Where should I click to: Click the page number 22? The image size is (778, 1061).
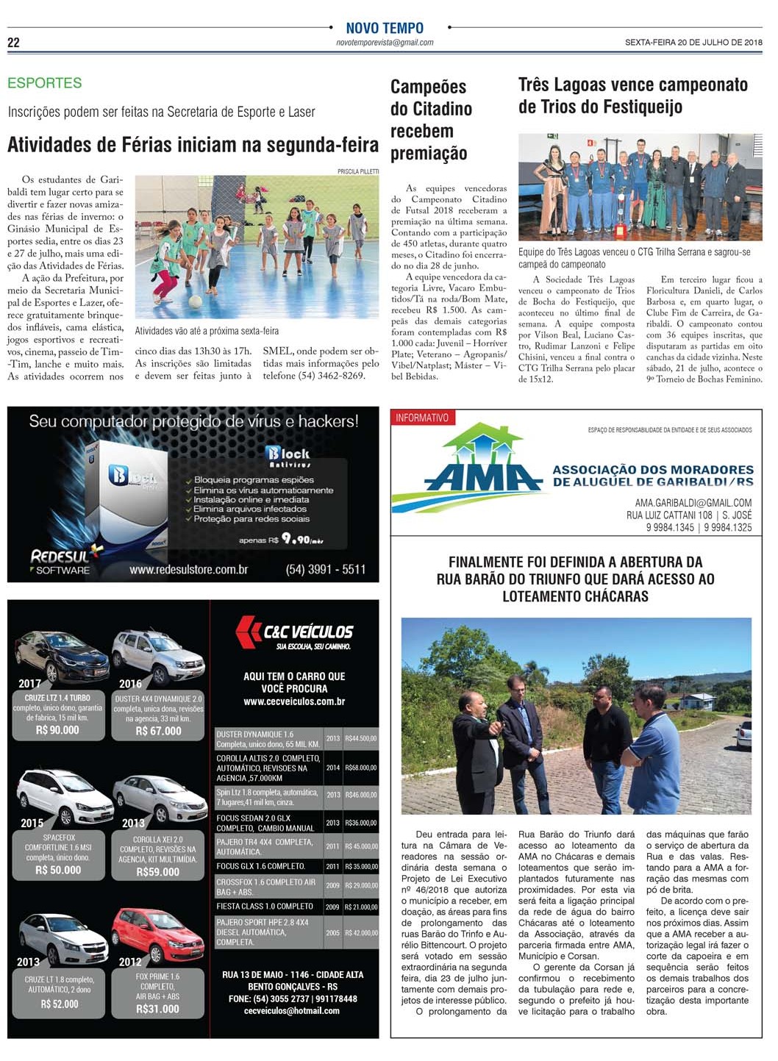pyautogui.click(x=13, y=43)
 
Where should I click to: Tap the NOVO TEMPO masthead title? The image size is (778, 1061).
pyautogui.click(x=385, y=28)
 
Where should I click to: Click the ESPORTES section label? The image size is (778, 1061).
pyautogui.click(x=44, y=83)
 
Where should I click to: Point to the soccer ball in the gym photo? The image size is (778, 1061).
pyautogui.click(x=195, y=301)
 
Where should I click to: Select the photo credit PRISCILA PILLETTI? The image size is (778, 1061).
pyautogui.click(x=358, y=171)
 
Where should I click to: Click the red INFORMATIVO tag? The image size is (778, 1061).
pyautogui.click(x=422, y=418)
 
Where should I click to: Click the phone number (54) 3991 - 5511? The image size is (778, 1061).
pyautogui.click(x=325, y=569)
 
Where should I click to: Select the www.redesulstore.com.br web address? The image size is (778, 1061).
pyautogui.click(x=188, y=570)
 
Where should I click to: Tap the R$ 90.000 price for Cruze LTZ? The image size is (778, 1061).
pyautogui.click(x=57, y=730)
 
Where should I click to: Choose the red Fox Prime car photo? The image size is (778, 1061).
pyautogui.click(x=158, y=934)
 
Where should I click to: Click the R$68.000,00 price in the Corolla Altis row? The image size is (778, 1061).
pyautogui.click(x=361, y=768)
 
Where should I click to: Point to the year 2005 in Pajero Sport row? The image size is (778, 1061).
pyautogui.click(x=333, y=932)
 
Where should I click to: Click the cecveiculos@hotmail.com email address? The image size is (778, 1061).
pyautogui.click(x=292, y=1011)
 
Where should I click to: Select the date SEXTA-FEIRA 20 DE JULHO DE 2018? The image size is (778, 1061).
pyautogui.click(x=693, y=43)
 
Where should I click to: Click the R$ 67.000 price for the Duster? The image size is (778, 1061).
pyautogui.click(x=158, y=731)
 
